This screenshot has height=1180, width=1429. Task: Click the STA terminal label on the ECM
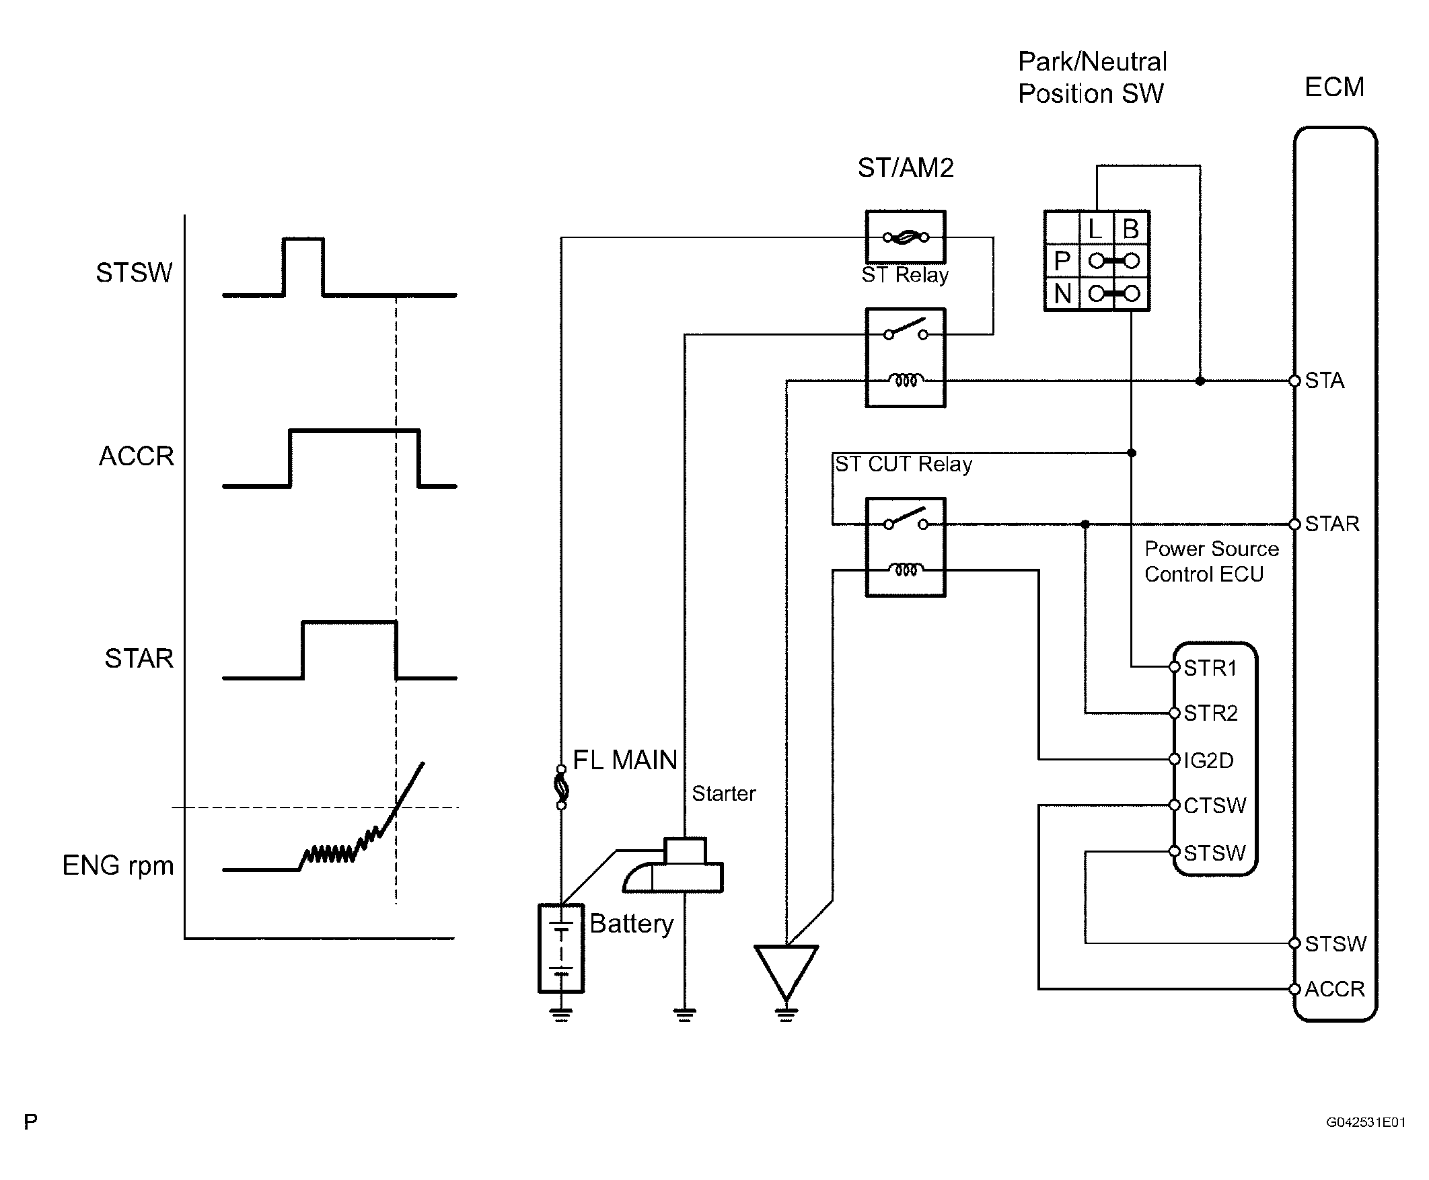click(1323, 380)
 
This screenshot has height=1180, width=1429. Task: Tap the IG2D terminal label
click(1208, 760)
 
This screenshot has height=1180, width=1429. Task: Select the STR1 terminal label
click(1209, 668)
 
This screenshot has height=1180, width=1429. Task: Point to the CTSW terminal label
click(1214, 805)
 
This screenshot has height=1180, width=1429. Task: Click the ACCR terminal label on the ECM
click(1333, 988)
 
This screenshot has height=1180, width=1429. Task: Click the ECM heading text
click(1333, 87)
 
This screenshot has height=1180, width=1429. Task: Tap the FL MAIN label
click(624, 760)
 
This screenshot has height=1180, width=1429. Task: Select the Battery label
click(630, 924)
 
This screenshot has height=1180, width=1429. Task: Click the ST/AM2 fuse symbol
click(906, 237)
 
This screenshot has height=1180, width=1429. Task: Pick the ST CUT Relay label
click(904, 464)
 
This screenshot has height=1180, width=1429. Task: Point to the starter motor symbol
click(674, 867)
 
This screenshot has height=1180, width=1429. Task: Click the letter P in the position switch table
click(1062, 261)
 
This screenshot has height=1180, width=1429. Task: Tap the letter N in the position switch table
click(1062, 294)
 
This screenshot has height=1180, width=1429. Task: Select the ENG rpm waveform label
click(118, 865)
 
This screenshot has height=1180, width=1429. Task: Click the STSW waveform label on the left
click(134, 272)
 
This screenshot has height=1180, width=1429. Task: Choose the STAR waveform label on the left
click(139, 658)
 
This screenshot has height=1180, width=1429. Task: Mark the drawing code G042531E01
click(1365, 1122)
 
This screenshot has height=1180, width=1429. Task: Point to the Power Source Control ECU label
click(1210, 561)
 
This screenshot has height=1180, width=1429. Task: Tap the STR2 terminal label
click(1210, 713)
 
